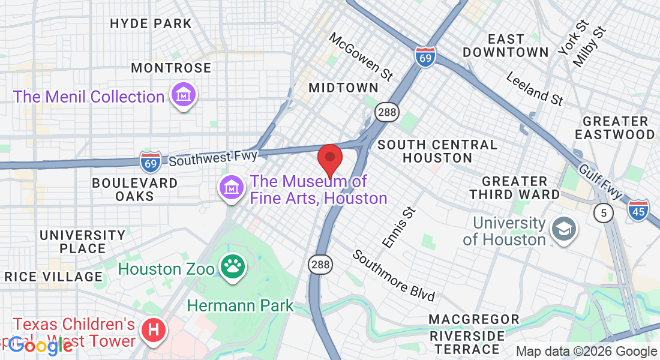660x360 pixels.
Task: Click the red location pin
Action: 329,159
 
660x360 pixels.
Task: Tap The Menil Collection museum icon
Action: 184,95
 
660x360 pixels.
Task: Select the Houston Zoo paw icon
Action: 232,268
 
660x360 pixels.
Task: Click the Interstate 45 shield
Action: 638,209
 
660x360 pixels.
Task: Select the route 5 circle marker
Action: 603,212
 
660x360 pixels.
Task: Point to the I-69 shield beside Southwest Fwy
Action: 150,161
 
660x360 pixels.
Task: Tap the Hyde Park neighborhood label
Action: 151,24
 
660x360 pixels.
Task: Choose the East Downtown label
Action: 506,46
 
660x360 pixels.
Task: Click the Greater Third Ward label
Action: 514,187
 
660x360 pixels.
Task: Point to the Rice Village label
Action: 54,277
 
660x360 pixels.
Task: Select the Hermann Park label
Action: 240,305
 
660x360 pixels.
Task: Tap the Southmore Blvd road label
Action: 393,275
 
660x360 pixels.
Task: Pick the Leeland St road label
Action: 535,89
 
